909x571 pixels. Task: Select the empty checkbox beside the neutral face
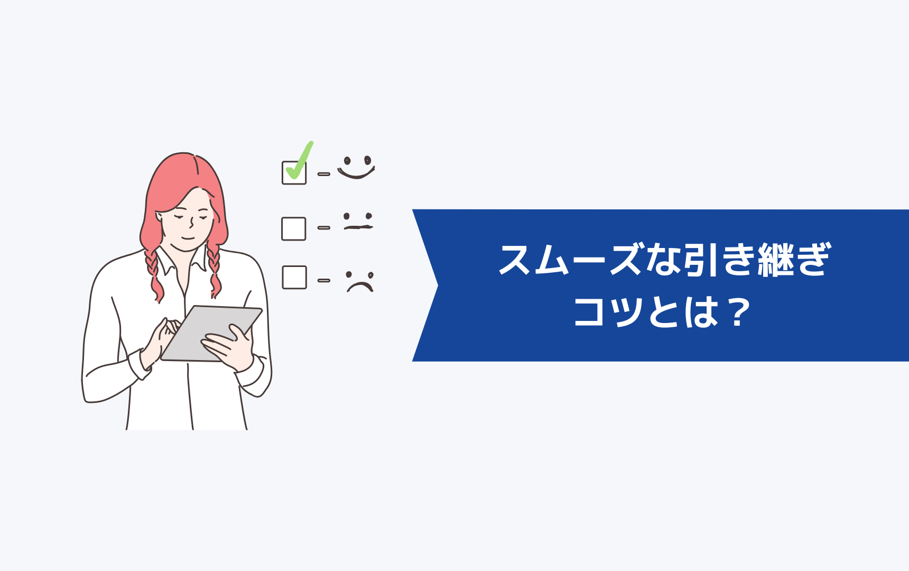click(x=294, y=229)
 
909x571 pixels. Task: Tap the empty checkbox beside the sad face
click(x=294, y=277)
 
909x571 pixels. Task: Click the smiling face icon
click(x=356, y=167)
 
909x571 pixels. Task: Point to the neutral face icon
click(x=358, y=222)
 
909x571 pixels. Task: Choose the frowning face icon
click(x=359, y=281)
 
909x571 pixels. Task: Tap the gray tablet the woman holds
click(x=211, y=333)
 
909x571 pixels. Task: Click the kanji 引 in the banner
click(x=700, y=260)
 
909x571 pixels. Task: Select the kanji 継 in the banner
click(x=775, y=260)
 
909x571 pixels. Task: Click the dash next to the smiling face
click(x=323, y=174)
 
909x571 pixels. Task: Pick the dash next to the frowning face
click(x=323, y=280)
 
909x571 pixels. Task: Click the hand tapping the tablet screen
click(x=160, y=341)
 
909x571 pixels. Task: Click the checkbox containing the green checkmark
click(x=294, y=172)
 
